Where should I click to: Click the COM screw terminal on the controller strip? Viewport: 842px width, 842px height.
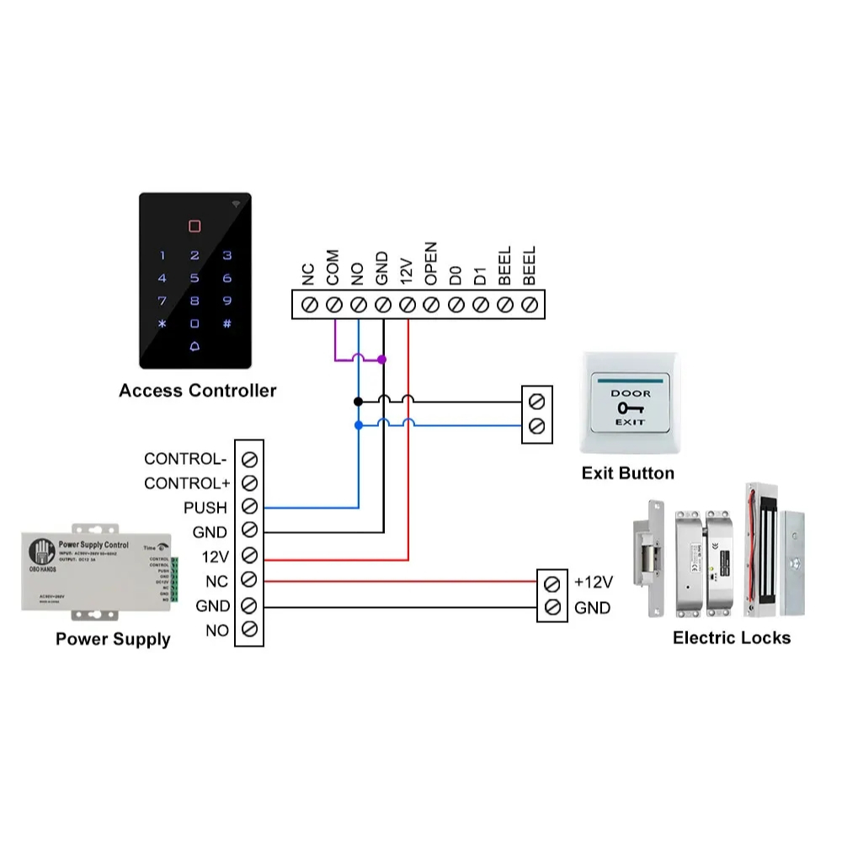333,303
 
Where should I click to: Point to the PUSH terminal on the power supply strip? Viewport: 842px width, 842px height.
249,507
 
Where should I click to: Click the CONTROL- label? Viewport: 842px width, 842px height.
185,459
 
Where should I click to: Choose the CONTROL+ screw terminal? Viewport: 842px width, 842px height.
249,483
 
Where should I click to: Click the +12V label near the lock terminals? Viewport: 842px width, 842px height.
593,582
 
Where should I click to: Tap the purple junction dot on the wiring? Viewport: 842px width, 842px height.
383,360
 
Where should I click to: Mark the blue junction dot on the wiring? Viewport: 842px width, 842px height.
359,426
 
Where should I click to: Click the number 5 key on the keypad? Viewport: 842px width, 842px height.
195,278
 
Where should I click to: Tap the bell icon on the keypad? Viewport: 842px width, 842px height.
195,346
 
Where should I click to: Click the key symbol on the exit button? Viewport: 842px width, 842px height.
630,408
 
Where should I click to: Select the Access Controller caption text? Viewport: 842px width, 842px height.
197,391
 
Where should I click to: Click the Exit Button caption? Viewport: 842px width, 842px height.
628,473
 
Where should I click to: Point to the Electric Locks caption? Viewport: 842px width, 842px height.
731,638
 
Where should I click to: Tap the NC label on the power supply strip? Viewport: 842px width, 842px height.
216,581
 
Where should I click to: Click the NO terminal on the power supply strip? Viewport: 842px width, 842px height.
249,629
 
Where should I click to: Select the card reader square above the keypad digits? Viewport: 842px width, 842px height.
195,226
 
